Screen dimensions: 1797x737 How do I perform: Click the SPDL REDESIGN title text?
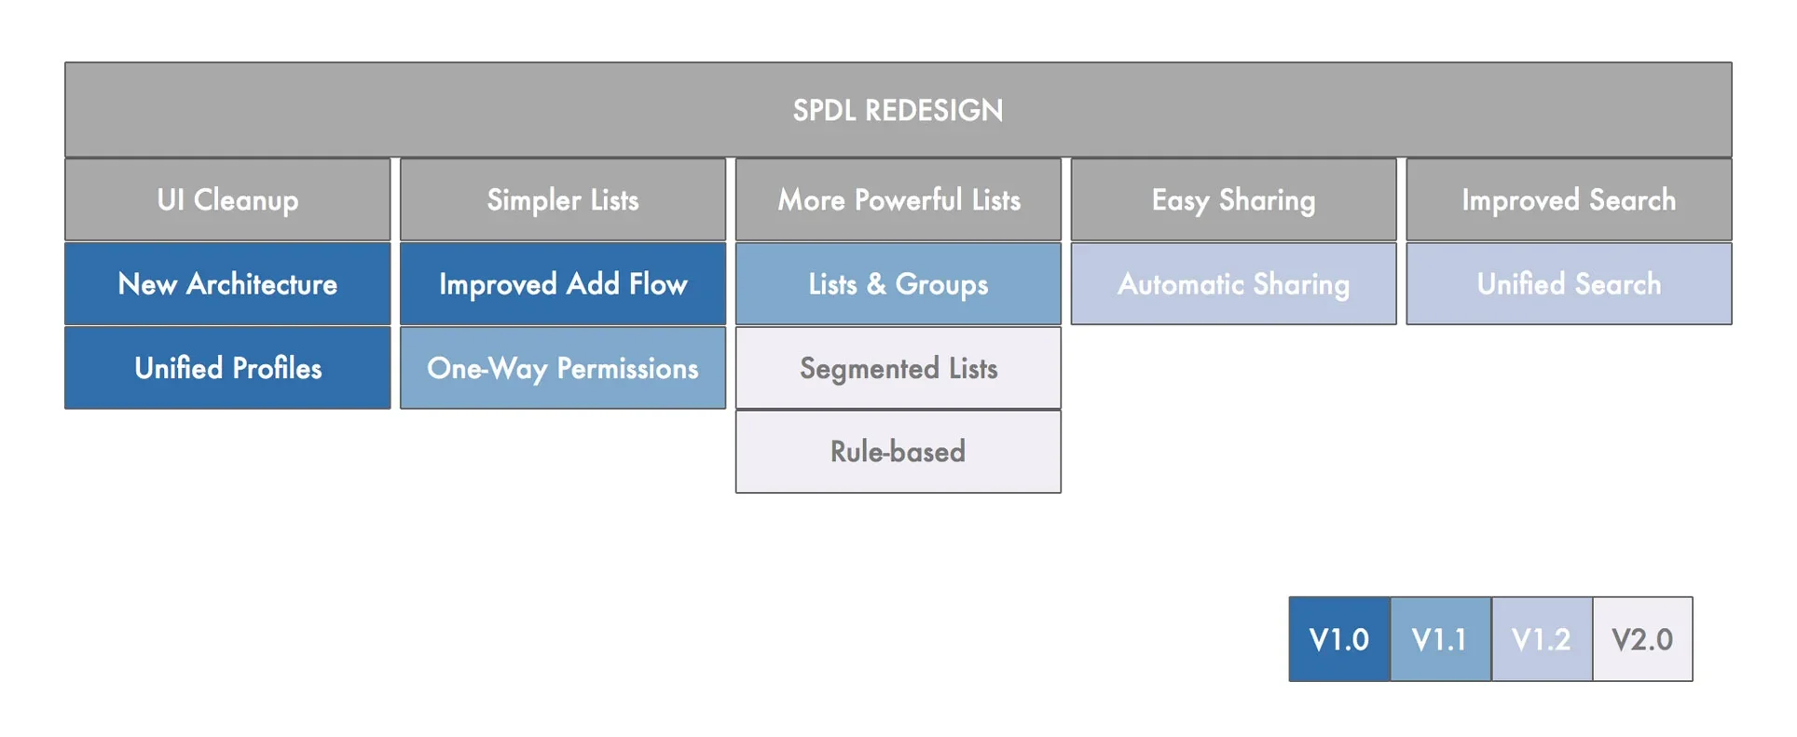pos(898,110)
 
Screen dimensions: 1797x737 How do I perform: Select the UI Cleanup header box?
pos(227,199)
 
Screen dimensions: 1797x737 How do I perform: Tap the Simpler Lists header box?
pos(563,199)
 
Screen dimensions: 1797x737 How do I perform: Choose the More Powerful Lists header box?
pos(898,199)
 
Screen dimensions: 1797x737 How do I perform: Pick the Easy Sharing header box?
pos(1234,199)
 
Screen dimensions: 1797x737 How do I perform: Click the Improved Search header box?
pos(1570,199)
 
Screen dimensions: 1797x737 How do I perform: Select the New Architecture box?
pos(227,283)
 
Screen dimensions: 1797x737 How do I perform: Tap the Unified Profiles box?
pos(227,367)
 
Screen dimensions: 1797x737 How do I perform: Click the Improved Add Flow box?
pos(563,283)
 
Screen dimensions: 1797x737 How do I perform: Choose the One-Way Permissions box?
pos(563,367)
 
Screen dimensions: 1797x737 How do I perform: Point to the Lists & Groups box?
pos(898,283)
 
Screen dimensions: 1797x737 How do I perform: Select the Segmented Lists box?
pos(898,367)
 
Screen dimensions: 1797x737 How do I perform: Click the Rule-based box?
pos(898,451)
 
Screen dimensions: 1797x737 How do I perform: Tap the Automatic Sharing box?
pos(1234,283)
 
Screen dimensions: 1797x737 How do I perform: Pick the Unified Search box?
pos(1570,283)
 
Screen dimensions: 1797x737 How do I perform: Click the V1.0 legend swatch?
pos(1339,639)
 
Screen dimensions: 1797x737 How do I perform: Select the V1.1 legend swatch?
pos(1441,639)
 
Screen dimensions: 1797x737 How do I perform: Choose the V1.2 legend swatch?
pos(1542,639)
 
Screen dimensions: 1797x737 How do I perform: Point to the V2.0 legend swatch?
pos(1642,639)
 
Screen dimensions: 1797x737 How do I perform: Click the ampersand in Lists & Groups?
pos(876,284)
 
